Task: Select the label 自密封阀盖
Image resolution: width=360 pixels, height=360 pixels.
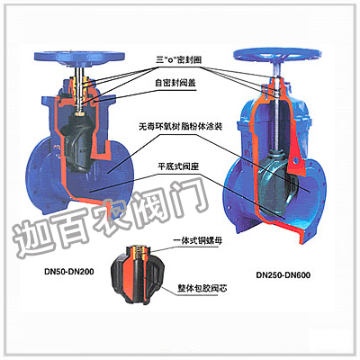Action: tap(175, 83)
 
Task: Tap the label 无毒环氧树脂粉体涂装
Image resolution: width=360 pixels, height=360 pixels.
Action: tap(180, 127)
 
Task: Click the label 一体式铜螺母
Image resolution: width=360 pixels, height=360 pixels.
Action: tap(198, 241)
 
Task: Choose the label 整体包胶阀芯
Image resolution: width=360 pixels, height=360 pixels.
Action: tap(202, 288)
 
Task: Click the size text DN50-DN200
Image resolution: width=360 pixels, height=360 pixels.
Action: tap(69, 272)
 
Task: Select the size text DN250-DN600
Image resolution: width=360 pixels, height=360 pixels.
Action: tap(283, 274)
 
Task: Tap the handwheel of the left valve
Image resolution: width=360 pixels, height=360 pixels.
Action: tap(79, 56)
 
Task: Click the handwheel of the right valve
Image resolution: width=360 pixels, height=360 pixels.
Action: tap(277, 55)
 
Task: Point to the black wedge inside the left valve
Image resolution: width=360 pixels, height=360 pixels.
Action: tap(77, 142)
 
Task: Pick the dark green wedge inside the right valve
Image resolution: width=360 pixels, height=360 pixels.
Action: tap(274, 182)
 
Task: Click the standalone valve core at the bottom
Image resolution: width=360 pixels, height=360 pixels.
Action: tap(137, 274)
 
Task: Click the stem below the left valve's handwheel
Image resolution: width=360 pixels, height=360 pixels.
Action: tap(79, 71)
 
